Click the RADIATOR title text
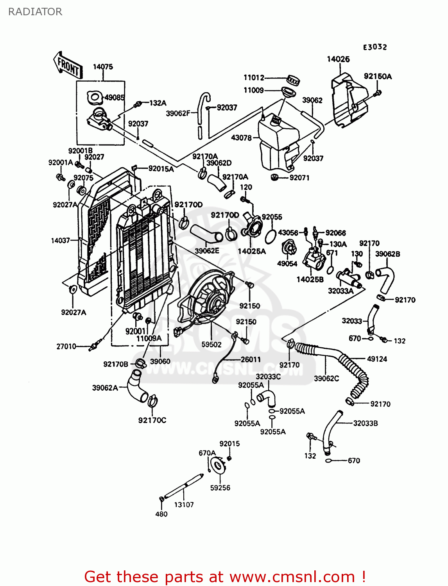[35, 12]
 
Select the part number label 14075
[103, 67]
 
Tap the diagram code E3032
[375, 47]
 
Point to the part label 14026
[338, 59]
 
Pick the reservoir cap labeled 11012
[293, 80]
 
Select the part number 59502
[211, 345]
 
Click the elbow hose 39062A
[137, 387]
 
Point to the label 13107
[184, 505]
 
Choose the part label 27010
[66, 346]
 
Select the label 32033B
[365, 423]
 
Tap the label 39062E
[207, 251]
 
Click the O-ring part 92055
[270, 237]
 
